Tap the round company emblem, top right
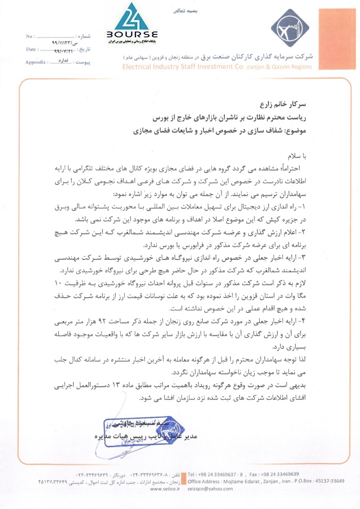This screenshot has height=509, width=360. (289, 30)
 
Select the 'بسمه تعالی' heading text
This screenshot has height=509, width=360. (197, 9)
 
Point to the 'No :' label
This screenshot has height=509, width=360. (29, 36)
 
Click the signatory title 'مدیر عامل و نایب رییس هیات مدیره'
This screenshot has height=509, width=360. (144, 437)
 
